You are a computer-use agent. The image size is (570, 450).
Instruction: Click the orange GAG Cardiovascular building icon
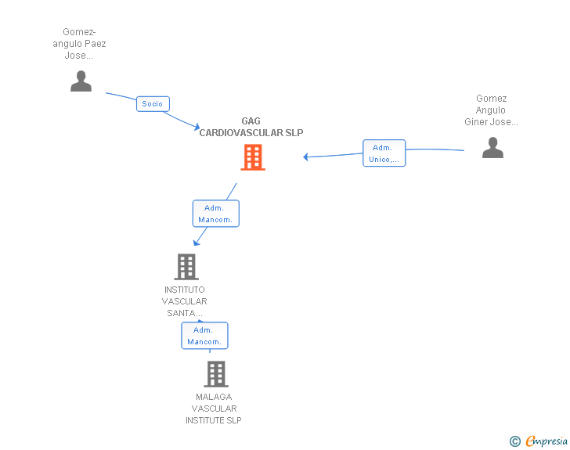click(x=252, y=157)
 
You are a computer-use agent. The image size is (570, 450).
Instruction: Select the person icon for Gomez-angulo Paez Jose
click(x=81, y=81)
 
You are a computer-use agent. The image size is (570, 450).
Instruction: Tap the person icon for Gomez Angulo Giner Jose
click(x=492, y=147)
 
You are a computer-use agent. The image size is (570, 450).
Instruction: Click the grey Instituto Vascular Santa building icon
click(x=186, y=267)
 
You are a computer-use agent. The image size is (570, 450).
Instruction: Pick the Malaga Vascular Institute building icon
click(x=216, y=374)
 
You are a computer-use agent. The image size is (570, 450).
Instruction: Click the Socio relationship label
click(x=153, y=103)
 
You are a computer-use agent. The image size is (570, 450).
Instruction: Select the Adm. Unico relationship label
click(x=384, y=153)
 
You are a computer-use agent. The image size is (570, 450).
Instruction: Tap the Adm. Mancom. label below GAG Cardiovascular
click(x=215, y=214)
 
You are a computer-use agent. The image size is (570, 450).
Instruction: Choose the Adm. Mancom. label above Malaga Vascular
click(x=204, y=336)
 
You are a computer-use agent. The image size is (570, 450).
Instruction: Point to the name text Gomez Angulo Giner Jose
click(x=491, y=110)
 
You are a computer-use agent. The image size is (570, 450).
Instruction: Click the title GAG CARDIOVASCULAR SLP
click(x=251, y=127)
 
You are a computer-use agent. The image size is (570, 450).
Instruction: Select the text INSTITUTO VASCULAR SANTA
click(x=185, y=301)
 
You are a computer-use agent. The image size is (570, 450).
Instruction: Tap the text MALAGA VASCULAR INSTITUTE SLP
click(x=214, y=409)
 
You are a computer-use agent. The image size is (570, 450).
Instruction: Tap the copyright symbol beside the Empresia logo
click(x=515, y=442)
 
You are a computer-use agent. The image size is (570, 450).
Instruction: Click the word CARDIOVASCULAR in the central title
click(x=241, y=133)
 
